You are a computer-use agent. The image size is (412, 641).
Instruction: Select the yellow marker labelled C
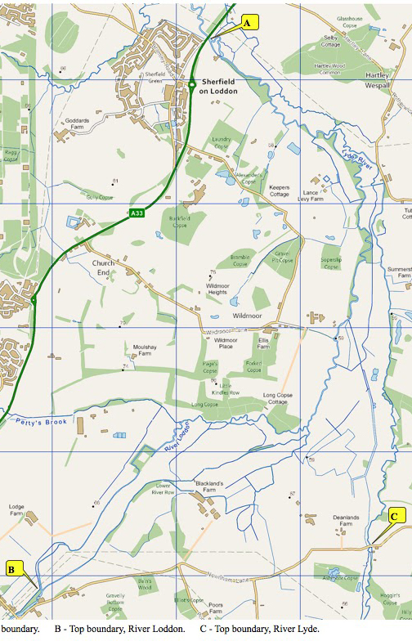coord(394,516)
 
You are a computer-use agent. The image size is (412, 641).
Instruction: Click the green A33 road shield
coord(137,213)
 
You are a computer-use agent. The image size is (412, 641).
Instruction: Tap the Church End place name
coord(104,268)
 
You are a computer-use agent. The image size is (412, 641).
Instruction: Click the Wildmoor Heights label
coord(217,288)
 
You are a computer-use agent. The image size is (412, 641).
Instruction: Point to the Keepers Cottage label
coord(280,191)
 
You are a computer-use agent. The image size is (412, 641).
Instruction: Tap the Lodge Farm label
coord(17,509)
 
